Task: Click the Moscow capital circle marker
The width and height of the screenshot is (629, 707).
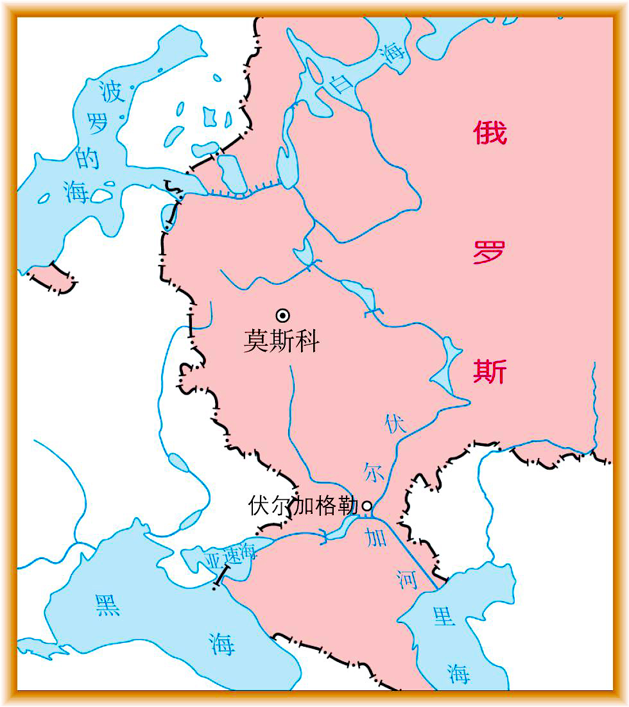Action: point(282,315)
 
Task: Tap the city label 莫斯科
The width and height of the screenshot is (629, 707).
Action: point(281,341)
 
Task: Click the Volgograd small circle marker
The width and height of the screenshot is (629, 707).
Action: point(367,506)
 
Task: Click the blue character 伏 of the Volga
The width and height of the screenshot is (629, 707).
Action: point(395,424)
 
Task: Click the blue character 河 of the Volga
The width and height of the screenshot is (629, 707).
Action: point(408,579)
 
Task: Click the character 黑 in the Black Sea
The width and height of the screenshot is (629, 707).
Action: point(107,604)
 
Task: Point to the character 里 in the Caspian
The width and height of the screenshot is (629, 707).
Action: point(443,617)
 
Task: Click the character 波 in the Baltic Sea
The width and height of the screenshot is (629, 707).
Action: point(110,92)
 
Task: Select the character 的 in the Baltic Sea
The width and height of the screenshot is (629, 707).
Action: point(88,157)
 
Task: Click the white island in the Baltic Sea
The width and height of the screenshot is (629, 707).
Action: point(101,195)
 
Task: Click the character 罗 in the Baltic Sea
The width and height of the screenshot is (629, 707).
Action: point(98,124)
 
